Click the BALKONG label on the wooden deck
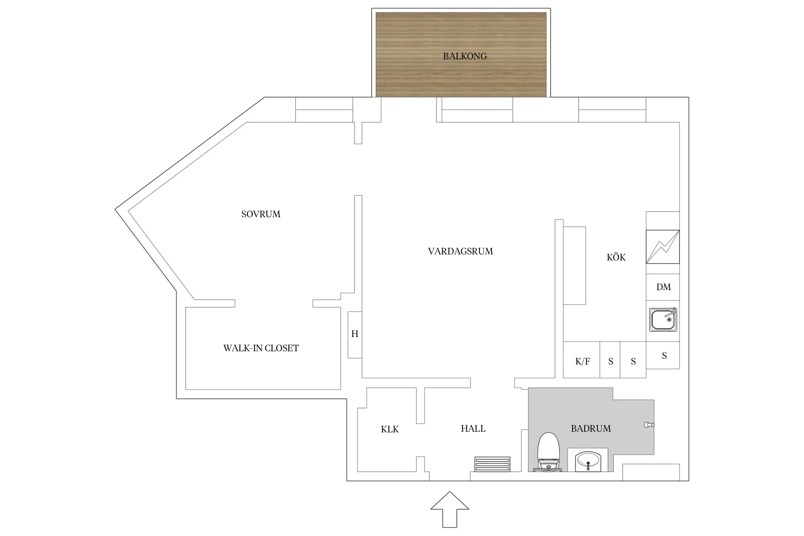465,56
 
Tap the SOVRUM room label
261,214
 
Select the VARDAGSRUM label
460,251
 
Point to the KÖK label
616,257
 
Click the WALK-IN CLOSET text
261,348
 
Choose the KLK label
389,429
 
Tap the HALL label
473,428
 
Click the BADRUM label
591,428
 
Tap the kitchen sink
663,319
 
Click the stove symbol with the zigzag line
663,247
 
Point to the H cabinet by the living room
355,334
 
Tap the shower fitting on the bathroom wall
649,425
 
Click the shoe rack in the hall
492,464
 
